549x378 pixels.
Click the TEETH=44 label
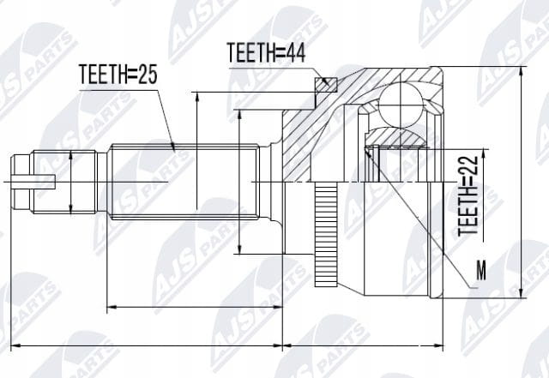pos(266,52)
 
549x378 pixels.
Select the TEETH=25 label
pos(118,75)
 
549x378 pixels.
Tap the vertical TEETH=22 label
pos(468,195)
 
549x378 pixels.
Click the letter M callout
pos(481,270)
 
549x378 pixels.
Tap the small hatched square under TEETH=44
pos(326,85)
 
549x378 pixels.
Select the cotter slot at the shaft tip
pos(33,182)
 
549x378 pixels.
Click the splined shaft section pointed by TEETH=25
pos(184,182)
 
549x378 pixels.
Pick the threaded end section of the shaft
pos(64,182)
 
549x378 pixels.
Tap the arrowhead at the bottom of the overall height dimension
pos(522,293)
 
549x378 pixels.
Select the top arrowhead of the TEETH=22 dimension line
pos(484,153)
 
